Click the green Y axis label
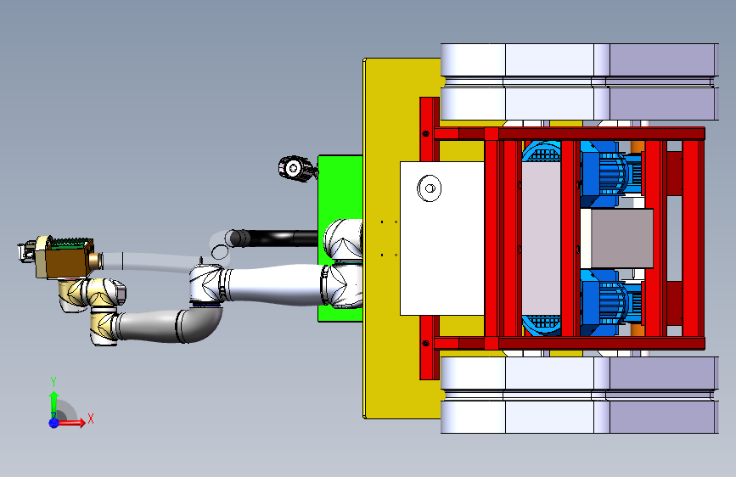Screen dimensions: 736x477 coord(53,382)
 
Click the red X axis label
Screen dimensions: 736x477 coord(91,418)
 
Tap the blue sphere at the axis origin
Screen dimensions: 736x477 coord(53,423)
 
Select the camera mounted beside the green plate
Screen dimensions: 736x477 coord(296,169)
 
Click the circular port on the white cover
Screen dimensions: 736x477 coord(429,188)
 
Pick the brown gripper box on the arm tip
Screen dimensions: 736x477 coord(65,259)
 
